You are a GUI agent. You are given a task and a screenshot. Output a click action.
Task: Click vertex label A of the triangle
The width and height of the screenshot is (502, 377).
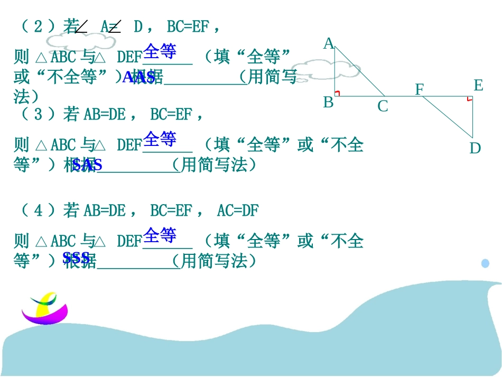click(329, 43)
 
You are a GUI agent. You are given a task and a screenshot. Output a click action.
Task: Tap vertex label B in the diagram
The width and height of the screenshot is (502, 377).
click(328, 103)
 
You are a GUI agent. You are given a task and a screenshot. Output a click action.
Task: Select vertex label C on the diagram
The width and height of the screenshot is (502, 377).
click(383, 107)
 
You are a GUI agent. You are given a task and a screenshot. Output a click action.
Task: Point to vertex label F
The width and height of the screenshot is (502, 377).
click(419, 89)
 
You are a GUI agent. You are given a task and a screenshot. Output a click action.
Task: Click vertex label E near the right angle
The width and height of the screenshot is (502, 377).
click(478, 85)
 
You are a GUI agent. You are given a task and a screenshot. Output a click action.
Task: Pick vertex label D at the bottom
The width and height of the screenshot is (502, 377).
click(475, 149)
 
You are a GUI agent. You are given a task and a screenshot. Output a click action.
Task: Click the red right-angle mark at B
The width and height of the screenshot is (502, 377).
click(337, 94)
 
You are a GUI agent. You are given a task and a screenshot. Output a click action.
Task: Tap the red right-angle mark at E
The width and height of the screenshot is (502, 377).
click(469, 98)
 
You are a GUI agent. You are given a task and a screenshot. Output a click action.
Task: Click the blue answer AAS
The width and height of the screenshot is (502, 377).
click(139, 78)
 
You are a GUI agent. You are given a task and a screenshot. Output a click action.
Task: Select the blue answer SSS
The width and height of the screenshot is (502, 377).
click(76, 258)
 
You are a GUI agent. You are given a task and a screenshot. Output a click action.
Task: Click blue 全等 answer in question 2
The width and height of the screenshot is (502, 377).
click(160, 52)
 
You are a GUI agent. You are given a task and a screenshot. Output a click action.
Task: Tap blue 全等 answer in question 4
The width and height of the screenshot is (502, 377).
click(160, 234)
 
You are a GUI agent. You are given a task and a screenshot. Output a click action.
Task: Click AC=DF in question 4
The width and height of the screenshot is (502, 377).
click(238, 211)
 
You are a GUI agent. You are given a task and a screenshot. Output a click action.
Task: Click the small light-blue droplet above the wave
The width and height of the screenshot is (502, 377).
click(485, 263)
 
